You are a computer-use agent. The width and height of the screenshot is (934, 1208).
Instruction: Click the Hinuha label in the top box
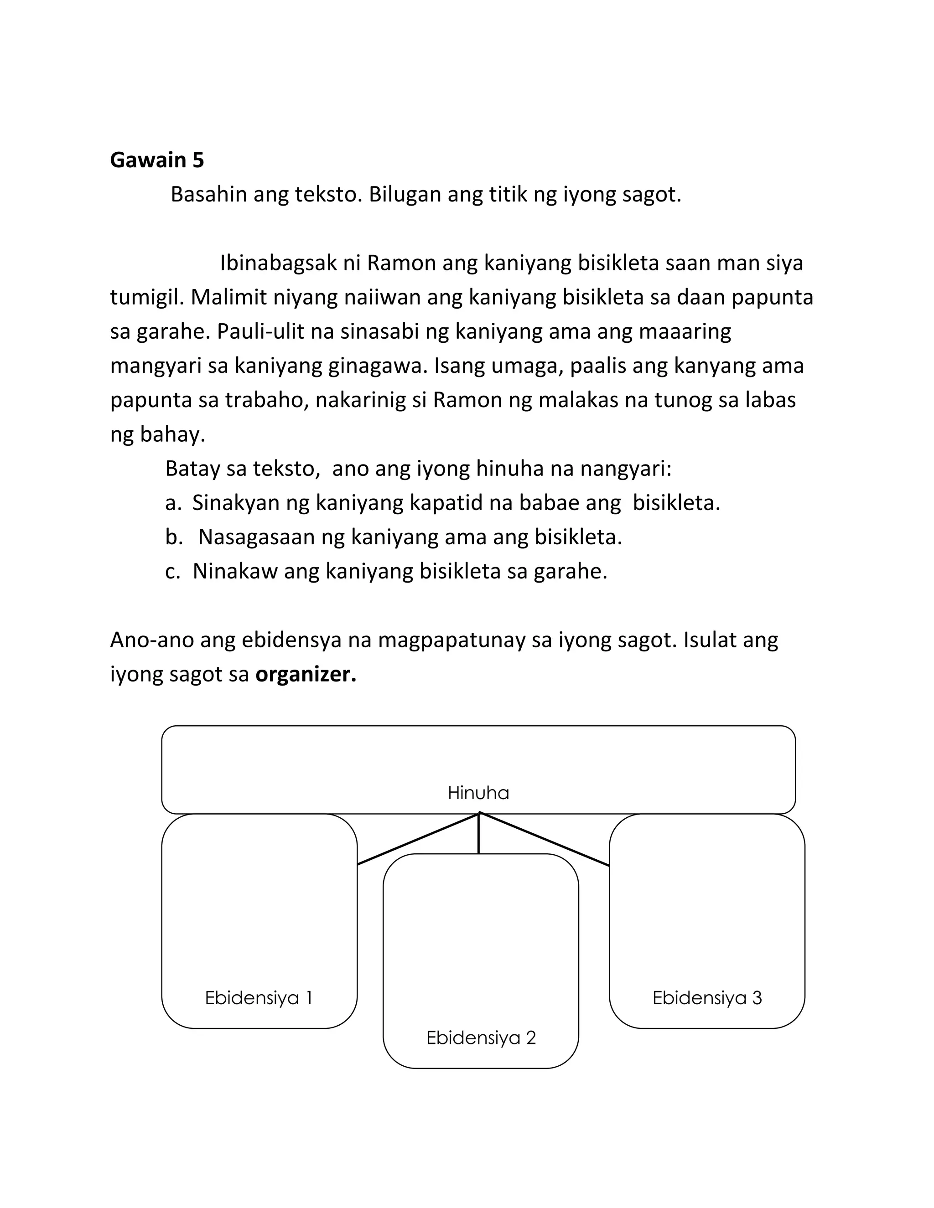tap(478, 793)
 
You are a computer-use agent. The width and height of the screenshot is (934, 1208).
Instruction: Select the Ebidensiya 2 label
tap(481, 1038)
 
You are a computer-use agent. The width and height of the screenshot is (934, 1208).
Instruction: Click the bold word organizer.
tap(306, 674)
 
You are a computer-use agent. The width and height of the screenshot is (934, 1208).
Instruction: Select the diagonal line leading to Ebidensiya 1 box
tap(418, 838)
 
